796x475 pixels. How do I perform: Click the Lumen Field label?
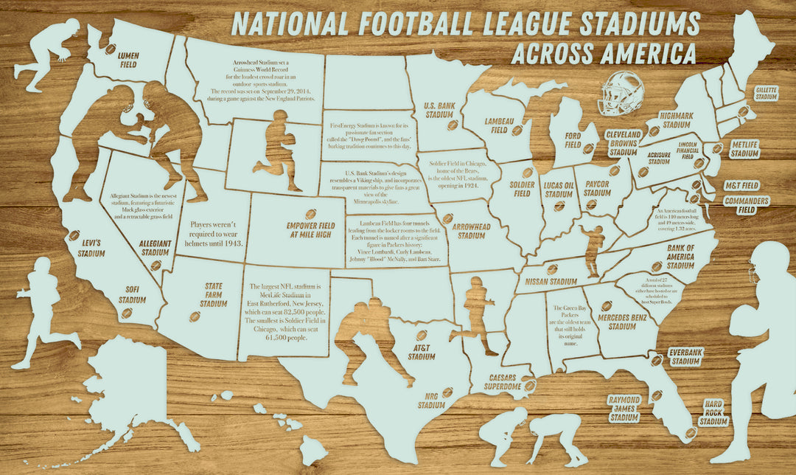pos(129,59)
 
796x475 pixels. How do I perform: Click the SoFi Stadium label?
pos(133,296)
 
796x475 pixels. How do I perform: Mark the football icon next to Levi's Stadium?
pos(74,235)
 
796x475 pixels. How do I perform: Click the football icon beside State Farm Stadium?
pos(195,316)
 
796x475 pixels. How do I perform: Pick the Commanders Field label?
pos(746,205)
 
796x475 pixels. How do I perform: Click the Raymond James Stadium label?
pos(624,409)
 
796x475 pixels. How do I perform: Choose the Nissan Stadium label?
pos(551,282)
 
